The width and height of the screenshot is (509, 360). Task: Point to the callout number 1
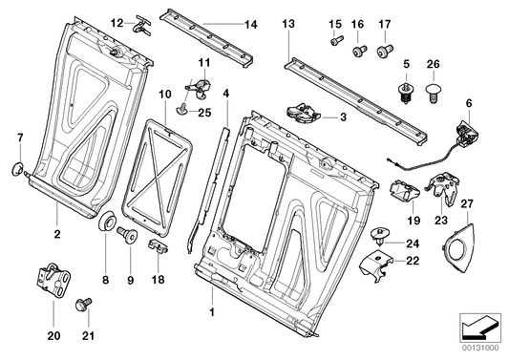click(x=211, y=311)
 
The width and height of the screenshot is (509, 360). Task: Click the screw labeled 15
click(x=335, y=42)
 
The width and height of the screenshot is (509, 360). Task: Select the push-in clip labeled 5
click(x=406, y=93)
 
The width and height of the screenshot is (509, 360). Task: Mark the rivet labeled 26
click(x=433, y=93)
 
